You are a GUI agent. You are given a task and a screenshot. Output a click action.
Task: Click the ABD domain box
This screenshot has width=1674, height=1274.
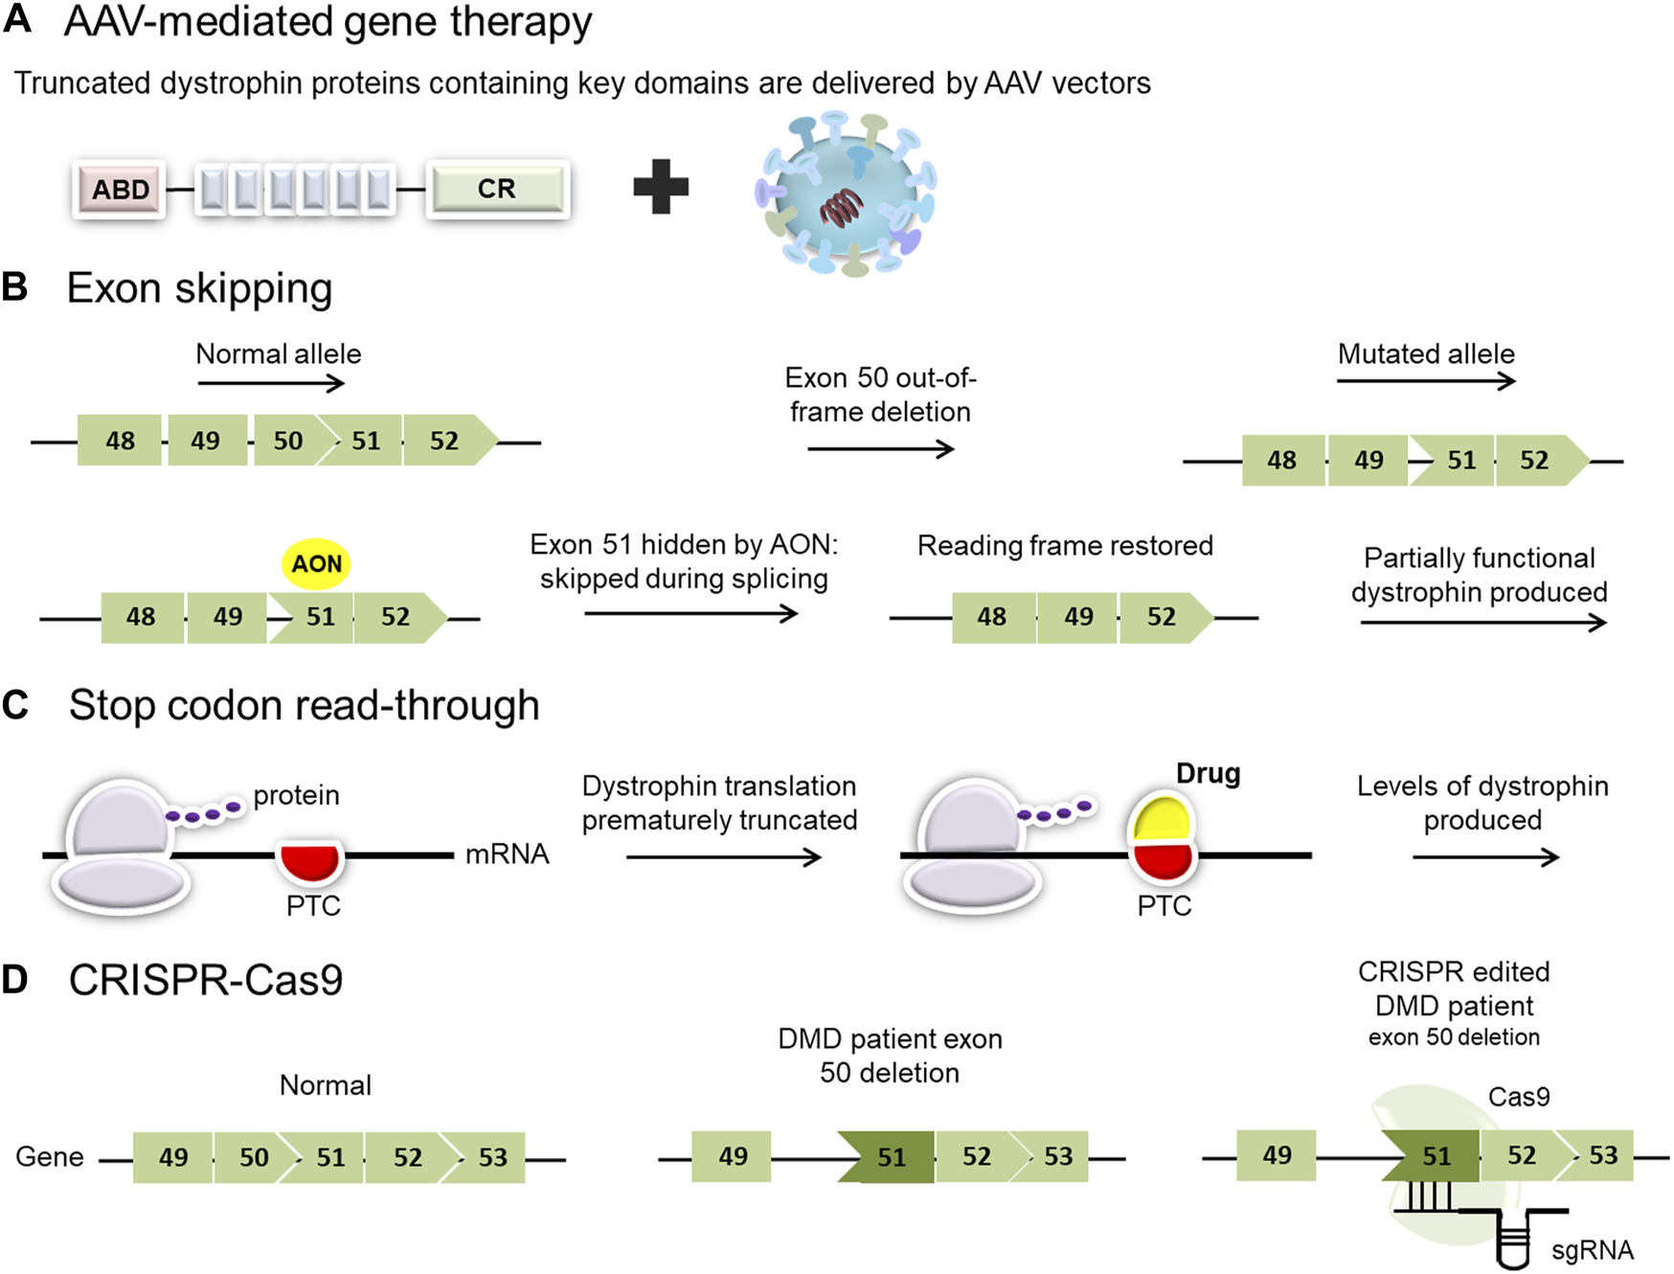[x=120, y=190]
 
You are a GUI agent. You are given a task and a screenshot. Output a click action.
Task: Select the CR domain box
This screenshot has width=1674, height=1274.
[x=497, y=189]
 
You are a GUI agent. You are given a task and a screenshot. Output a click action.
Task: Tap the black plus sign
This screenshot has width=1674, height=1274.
[x=661, y=186]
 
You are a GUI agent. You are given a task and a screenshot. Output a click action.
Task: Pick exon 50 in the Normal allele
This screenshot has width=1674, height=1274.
[x=288, y=441]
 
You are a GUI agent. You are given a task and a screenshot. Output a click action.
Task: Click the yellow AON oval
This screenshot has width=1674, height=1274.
[x=316, y=564]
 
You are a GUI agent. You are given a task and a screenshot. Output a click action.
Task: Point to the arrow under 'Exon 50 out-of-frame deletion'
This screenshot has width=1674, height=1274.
[x=880, y=448]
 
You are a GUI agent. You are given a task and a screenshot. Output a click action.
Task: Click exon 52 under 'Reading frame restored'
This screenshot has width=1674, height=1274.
[x=1162, y=617]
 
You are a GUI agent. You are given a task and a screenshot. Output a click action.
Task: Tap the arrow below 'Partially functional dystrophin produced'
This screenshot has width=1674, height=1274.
[x=1482, y=624]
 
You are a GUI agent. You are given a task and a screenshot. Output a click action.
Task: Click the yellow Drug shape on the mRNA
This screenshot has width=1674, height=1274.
[x=1162, y=822]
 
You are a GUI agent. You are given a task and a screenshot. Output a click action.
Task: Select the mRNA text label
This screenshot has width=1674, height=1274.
[x=507, y=854]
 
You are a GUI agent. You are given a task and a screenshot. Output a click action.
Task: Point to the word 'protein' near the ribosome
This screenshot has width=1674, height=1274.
[x=296, y=796]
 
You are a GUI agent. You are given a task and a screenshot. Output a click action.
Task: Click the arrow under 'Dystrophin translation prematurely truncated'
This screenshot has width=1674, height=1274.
[x=723, y=857]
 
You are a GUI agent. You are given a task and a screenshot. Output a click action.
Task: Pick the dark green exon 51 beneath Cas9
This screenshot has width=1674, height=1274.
[x=1434, y=1156]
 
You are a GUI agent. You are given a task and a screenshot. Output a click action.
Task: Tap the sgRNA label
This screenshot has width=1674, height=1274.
[x=1592, y=1250]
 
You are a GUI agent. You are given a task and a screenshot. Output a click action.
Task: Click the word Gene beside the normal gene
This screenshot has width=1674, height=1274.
[x=50, y=1157]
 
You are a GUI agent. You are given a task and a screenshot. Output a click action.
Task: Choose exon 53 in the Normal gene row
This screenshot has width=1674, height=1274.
[x=491, y=1157]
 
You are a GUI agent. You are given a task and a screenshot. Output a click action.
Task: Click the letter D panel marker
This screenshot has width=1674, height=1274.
[x=15, y=980]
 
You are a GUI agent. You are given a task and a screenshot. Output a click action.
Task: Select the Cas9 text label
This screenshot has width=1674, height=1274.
[x=1519, y=1097]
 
